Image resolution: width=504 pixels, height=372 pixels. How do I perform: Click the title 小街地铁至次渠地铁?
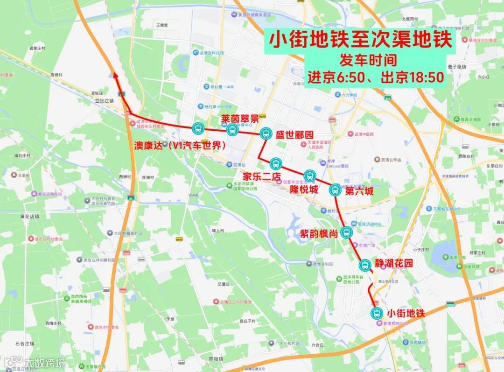point(361,40)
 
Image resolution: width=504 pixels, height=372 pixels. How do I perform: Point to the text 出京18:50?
point(412,77)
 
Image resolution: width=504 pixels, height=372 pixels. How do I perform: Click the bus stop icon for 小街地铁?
point(376,313)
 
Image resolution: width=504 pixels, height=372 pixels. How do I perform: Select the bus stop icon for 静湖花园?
point(364,265)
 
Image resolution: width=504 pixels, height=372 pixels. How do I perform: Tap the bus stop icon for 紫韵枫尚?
point(346,232)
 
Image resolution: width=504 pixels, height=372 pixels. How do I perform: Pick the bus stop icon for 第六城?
point(335,190)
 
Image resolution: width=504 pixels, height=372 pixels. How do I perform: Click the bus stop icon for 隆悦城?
point(310,176)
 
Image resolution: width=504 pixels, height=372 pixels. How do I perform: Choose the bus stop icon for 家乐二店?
point(275,164)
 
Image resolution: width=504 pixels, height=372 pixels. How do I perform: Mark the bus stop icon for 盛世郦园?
point(266,134)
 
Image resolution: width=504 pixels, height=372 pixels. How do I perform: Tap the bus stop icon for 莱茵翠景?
point(232,130)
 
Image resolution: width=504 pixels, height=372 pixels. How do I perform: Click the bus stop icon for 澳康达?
point(198,128)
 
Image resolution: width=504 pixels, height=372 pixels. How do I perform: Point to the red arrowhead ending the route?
point(115,75)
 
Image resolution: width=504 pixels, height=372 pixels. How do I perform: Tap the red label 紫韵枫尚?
point(319,233)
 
